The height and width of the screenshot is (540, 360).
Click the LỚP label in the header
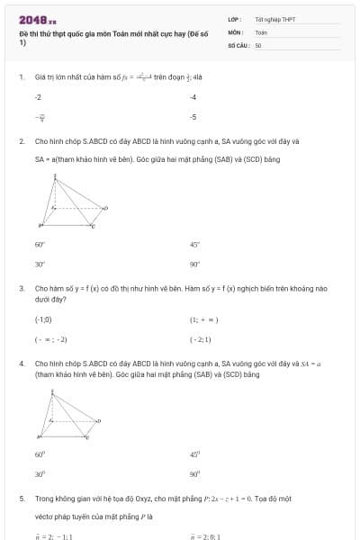pyautogui.click(x=234, y=19)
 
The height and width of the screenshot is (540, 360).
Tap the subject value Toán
pyautogui.click(x=261, y=31)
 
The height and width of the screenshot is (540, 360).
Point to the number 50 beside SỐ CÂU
pyautogui.click(x=258, y=44)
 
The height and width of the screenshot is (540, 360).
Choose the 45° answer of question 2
pyautogui.click(x=194, y=244)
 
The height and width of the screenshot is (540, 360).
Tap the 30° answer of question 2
pyautogui.click(x=40, y=265)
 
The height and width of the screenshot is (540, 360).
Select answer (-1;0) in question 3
pyautogui.click(x=43, y=319)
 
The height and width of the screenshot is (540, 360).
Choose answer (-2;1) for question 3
pyautogui.click(x=201, y=339)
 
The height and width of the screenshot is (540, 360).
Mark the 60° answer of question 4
pyautogui.click(x=40, y=454)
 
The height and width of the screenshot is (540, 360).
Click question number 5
pyautogui.click(x=21, y=498)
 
